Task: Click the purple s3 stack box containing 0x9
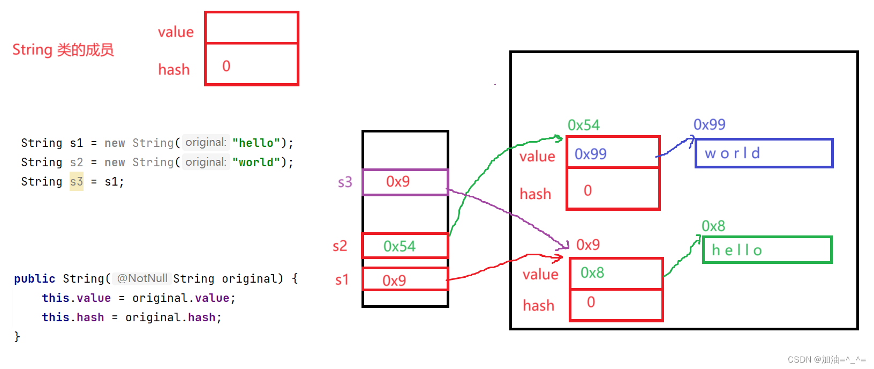(405, 182)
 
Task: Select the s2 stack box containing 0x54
(405, 246)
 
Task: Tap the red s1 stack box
(405, 279)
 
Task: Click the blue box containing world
(764, 153)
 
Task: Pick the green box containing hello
(767, 250)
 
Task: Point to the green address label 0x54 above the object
(583, 126)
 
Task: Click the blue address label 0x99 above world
(709, 124)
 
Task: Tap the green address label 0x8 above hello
(713, 226)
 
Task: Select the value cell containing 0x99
(613, 153)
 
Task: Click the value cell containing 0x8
(616, 273)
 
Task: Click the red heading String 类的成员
(63, 50)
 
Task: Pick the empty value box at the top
(251, 28)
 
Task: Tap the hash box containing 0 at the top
(251, 64)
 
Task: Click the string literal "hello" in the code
(255, 143)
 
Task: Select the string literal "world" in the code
(255, 162)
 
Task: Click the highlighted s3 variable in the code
(77, 182)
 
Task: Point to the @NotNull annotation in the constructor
(142, 278)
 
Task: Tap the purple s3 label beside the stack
(345, 182)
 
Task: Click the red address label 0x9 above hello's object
(587, 245)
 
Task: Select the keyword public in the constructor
(34, 279)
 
